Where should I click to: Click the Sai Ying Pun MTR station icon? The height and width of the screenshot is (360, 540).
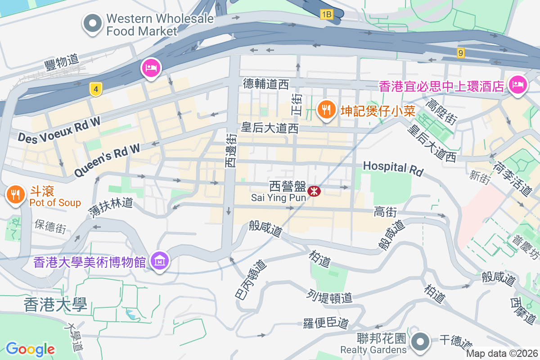[314, 192]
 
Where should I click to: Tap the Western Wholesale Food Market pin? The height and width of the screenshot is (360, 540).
[93, 23]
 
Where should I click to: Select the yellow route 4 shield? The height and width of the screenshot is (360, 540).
[95, 89]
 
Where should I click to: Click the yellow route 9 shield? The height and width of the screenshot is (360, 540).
[459, 53]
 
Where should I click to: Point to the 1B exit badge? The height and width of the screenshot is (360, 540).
[326, 15]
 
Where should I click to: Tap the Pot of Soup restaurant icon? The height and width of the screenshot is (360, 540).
[16, 194]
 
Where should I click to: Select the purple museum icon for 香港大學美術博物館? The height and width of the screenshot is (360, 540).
[159, 260]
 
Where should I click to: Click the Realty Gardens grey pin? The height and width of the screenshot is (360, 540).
[420, 342]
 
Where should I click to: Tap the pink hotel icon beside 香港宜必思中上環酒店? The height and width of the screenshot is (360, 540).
[518, 84]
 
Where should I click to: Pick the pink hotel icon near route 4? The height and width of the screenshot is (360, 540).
[151, 68]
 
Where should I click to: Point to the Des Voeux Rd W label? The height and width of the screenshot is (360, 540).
[59, 131]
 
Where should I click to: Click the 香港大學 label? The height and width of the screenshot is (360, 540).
[55, 306]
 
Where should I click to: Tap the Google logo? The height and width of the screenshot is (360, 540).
[30, 349]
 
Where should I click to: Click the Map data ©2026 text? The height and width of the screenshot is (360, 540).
[502, 354]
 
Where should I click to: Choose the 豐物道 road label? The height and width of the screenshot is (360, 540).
[62, 61]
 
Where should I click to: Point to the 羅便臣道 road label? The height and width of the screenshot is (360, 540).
[326, 323]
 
